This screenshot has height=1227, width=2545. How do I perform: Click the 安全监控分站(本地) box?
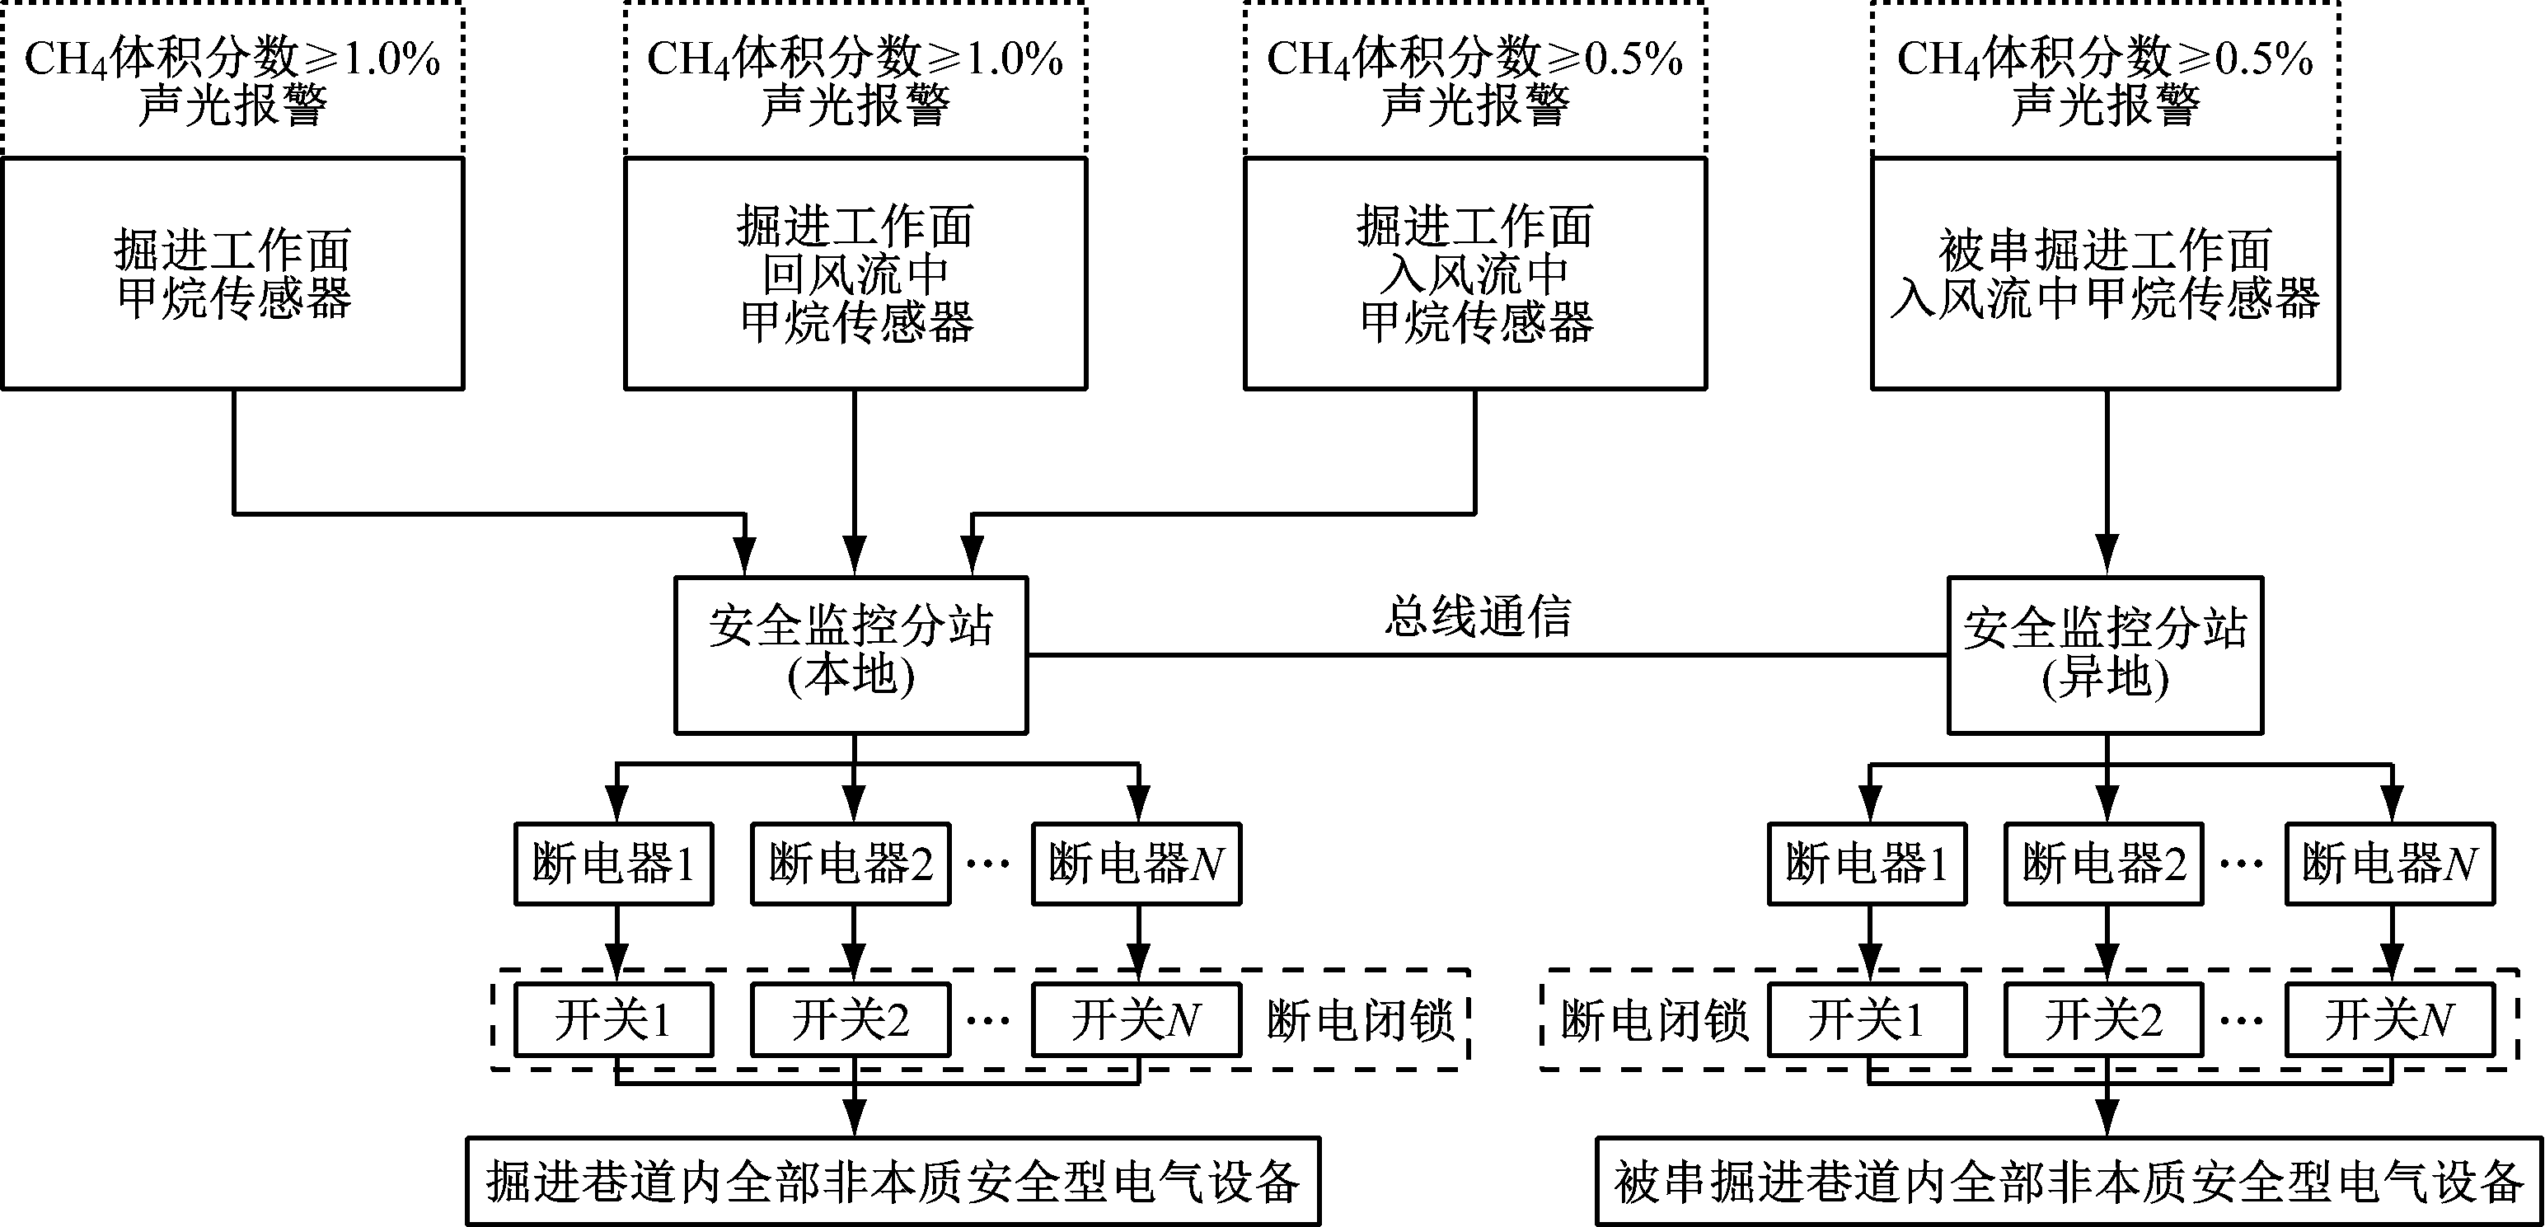coord(851,655)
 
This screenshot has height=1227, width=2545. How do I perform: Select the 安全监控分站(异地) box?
coord(2104,655)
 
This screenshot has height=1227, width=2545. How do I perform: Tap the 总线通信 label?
coord(1477,617)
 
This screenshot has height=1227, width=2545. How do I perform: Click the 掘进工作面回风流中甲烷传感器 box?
coord(855,274)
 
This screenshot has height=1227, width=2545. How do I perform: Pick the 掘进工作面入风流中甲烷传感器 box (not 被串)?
coord(1475,274)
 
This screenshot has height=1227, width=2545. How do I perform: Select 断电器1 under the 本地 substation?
coord(613,864)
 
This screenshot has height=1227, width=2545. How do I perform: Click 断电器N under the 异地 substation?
coord(2389,864)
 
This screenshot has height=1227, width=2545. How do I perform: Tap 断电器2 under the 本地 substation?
coord(851,864)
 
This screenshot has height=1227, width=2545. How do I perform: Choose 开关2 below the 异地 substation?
coord(2103,1019)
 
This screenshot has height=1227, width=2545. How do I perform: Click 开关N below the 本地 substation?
coord(1137,1019)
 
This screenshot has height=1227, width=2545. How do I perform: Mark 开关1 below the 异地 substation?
coord(1866,1019)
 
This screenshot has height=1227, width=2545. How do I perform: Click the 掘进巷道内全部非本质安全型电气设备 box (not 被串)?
coord(893,1182)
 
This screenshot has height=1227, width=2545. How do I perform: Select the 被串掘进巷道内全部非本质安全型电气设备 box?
coord(2069,1182)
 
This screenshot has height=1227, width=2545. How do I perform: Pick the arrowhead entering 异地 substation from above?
coord(2107,555)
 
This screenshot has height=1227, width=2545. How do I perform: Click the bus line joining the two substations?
coord(1482,654)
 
